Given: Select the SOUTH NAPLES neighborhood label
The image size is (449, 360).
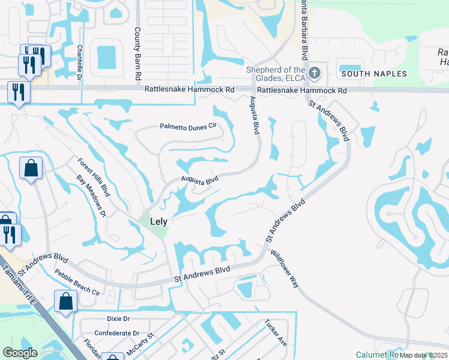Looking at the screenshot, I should [373, 74].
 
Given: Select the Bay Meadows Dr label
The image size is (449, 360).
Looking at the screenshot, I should [91, 196].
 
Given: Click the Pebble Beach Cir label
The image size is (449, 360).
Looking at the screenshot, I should [77, 282].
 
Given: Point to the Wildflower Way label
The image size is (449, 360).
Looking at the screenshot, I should [285, 269].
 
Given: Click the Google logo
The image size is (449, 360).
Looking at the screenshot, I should [20, 353].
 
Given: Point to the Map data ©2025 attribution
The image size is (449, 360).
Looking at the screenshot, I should [424, 355].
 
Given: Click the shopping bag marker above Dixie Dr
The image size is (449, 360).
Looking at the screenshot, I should [65, 302].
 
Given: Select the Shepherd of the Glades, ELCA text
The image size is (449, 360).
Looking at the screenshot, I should [277, 74].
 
